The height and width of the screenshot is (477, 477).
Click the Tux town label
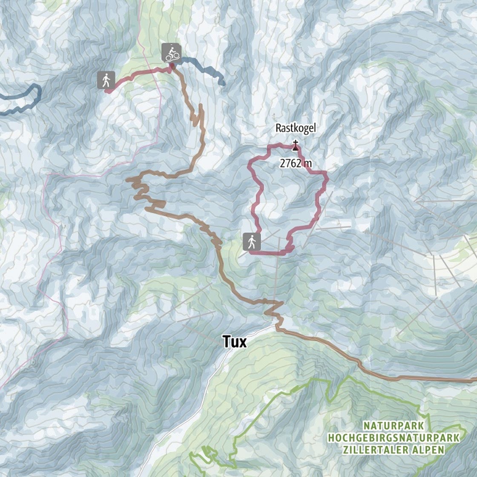click(x=235, y=341)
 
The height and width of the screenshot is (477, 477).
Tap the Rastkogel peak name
click(x=295, y=128)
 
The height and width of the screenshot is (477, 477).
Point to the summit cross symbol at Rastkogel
click(x=295, y=142)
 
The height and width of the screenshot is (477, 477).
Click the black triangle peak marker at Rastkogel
click(x=295, y=148)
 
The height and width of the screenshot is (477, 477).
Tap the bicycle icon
click(x=171, y=53)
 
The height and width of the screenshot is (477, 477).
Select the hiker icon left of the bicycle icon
click(x=106, y=80)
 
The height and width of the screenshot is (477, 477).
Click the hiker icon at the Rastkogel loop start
click(x=252, y=241)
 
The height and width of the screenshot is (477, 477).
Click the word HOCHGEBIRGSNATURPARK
click(x=394, y=437)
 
